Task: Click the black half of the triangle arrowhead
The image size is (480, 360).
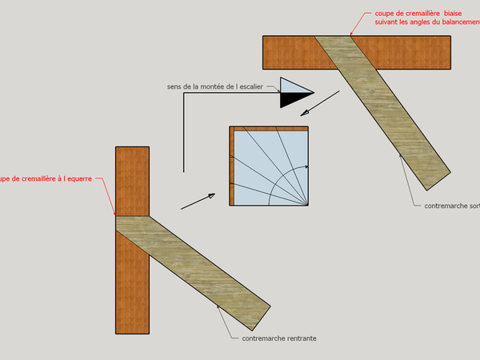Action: pyautogui.click(x=290, y=100)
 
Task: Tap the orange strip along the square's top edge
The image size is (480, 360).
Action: pyautogui.click(x=270, y=128)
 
